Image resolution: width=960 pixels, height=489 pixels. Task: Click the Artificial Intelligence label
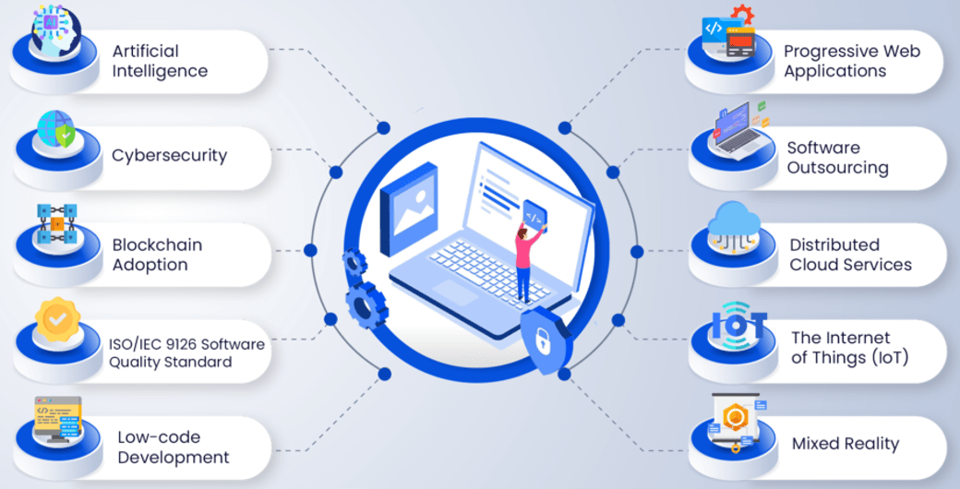pyautogui.click(x=160, y=61)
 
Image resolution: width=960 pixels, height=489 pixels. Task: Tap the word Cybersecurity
pyautogui.click(x=169, y=155)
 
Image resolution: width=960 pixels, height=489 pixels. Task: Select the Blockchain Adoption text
pyautogui.click(x=157, y=255)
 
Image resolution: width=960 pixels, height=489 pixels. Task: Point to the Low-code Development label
pyautogui.click(x=173, y=447)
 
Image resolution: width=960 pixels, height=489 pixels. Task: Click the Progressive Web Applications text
pyautogui.click(x=851, y=61)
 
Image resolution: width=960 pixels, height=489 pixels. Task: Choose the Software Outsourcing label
pyautogui.click(x=837, y=158)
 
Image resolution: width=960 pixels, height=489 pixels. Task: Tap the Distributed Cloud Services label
pyautogui.click(x=850, y=255)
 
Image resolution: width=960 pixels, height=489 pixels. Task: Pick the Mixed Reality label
pyautogui.click(x=845, y=444)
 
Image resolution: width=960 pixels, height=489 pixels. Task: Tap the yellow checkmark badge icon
pyautogui.click(x=57, y=318)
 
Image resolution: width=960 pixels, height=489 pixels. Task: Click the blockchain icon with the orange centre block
pyautogui.click(x=57, y=224)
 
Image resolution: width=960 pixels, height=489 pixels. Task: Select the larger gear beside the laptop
pyautogui.click(x=366, y=304)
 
